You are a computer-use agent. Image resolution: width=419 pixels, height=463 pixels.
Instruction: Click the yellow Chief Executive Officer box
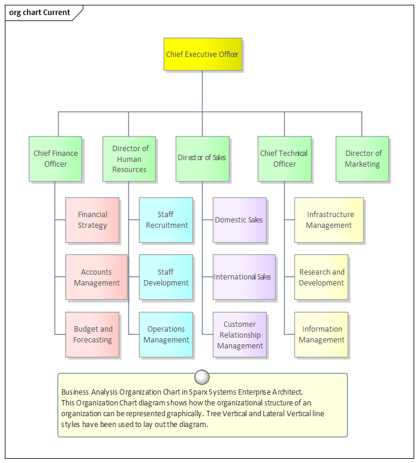[x=203, y=55]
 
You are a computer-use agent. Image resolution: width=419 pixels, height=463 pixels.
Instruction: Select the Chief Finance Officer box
[x=55, y=159]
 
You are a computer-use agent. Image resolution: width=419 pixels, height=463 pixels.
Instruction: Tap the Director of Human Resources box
[x=129, y=159]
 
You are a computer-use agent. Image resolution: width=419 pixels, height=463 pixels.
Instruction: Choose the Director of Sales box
[x=202, y=158]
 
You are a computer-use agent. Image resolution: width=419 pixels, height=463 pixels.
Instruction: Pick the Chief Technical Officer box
[x=284, y=159]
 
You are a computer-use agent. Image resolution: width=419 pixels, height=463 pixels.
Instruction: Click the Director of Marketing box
[x=362, y=159]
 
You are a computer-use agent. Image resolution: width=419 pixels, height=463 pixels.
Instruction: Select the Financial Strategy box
[x=92, y=220]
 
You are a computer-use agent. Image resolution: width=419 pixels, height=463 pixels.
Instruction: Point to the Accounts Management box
[x=97, y=277]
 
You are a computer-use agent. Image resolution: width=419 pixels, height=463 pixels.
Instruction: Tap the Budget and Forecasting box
[x=93, y=335]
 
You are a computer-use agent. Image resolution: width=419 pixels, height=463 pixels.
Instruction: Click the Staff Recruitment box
[x=166, y=220]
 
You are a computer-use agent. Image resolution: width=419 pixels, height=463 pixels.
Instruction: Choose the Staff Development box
[x=166, y=277]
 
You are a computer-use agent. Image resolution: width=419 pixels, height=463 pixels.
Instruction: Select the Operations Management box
[x=166, y=335]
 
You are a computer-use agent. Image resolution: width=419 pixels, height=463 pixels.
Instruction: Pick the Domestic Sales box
[x=239, y=220]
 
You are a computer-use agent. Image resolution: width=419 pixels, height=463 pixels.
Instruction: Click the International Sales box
[x=243, y=277]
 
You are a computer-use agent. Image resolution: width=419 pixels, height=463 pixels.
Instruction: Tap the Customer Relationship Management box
[x=240, y=335]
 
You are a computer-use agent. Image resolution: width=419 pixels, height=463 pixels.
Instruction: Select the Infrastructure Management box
[x=329, y=220]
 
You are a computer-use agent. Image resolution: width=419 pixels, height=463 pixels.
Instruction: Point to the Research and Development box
[x=321, y=277]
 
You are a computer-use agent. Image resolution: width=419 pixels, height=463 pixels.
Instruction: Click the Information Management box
[x=321, y=335]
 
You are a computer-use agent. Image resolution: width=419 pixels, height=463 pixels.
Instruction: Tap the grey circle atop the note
[x=203, y=377]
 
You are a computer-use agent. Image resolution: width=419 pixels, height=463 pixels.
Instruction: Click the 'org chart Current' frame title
[x=40, y=13]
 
